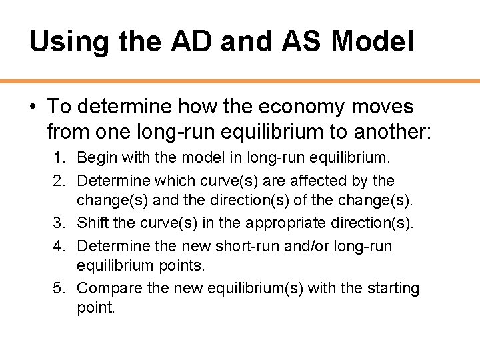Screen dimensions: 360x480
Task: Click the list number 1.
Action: coord(59,158)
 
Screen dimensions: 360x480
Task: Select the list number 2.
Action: coord(59,181)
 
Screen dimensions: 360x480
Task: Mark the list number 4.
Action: coord(59,246)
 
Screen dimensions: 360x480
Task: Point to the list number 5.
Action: coord(59,289)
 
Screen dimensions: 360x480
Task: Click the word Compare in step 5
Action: coord(109,289)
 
